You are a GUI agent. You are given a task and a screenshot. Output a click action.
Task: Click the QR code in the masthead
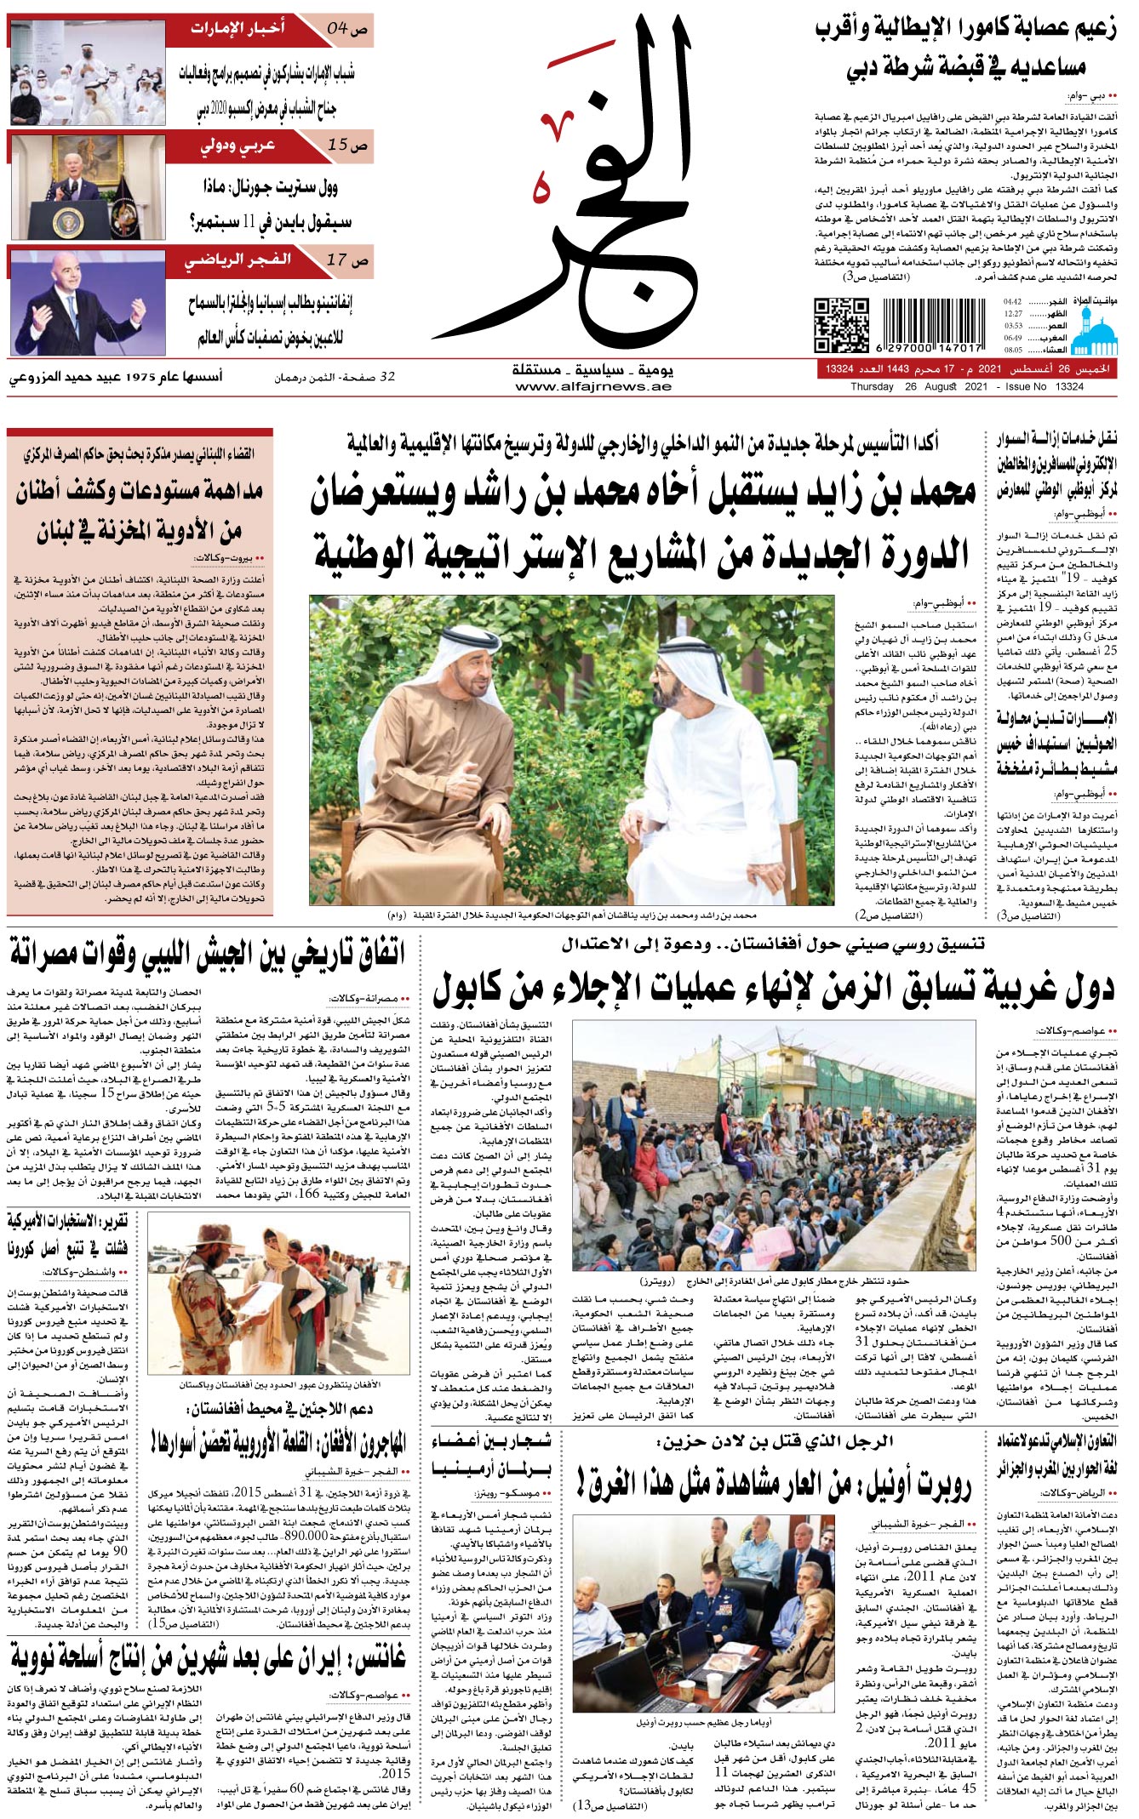click(841, 325)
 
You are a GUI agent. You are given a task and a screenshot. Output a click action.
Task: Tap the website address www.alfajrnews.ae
click(592, 386)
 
